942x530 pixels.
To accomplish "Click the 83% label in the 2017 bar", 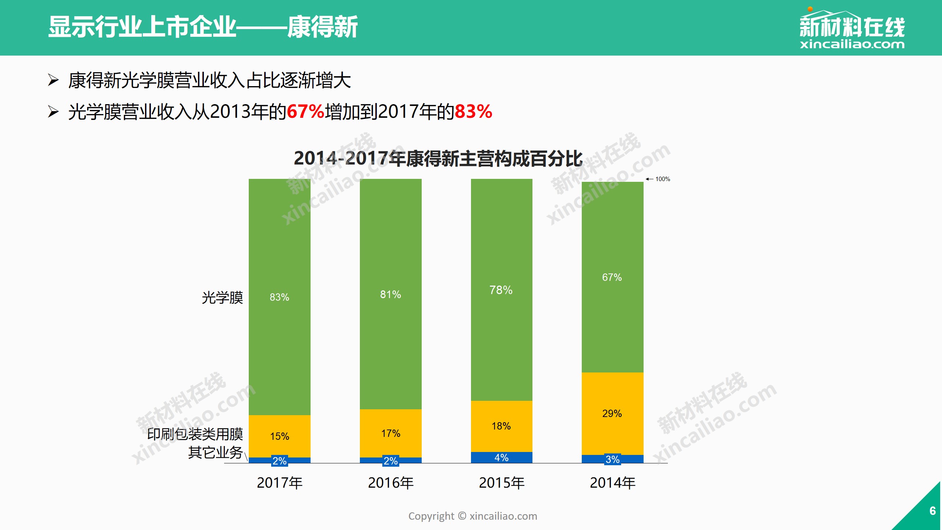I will point(279,297).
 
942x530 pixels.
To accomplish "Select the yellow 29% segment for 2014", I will point(612,413).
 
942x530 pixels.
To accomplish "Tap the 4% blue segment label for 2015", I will point(501,457).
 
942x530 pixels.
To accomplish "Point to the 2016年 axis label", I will point(391,483).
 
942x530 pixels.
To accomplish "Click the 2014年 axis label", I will point(613,483).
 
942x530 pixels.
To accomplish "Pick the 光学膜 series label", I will point(222,297).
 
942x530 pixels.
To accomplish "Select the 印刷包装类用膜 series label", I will point(195,434).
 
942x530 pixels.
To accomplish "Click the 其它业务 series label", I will point(215,452).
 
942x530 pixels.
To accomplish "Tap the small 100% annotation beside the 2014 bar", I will point(662,179).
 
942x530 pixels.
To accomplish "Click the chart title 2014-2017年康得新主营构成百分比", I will point(438,159).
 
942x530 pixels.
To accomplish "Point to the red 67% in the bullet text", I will point(305,112).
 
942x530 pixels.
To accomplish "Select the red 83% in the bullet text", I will point(473,112).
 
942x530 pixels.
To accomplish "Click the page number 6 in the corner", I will point(932,510).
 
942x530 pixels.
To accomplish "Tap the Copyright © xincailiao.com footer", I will point(472,516).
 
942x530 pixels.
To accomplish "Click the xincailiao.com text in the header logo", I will point(852,45).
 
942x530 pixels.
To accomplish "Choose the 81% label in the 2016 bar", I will point(390,294).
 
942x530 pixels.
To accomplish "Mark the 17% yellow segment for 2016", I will point(390,433).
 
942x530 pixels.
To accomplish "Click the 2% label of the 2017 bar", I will point(279,461).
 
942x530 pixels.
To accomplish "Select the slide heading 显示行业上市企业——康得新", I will point(203,27).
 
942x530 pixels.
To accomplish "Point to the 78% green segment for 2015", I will point(501,290).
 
